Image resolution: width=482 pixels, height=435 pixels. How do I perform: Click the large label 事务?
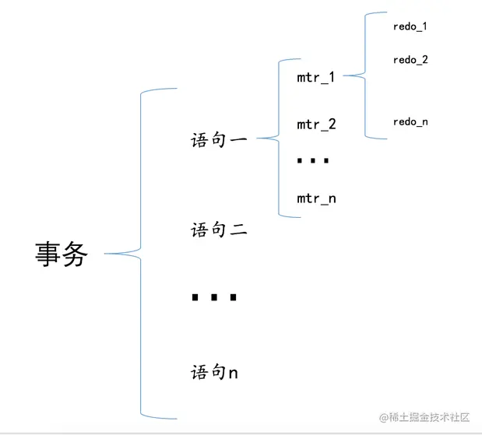click(62, 254)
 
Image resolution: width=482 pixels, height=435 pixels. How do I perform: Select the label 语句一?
click(219, 141)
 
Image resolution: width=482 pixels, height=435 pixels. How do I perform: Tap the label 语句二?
click(219, 230)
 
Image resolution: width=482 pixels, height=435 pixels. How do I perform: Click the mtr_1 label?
click(316, 77)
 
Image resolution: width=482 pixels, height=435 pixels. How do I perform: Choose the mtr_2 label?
click(316, 125)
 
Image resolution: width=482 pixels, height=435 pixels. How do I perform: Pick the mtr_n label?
click(316, 198)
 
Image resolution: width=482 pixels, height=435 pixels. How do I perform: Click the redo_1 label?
click(410, 26)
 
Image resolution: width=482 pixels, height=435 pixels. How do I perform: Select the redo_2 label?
click(410, 60)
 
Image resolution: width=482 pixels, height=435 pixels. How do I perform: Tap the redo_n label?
click(410, 122)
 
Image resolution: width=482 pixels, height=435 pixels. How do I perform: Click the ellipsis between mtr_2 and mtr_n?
click(314, 161)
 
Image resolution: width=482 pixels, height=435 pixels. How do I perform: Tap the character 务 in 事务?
click(76, 254)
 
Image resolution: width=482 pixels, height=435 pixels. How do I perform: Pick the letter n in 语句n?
click(234, 374)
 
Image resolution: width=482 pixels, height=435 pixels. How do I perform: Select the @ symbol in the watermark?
click(383, 418)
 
